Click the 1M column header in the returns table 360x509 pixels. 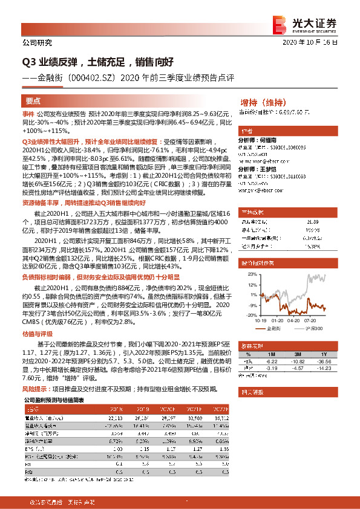click(x=270, y=354)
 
